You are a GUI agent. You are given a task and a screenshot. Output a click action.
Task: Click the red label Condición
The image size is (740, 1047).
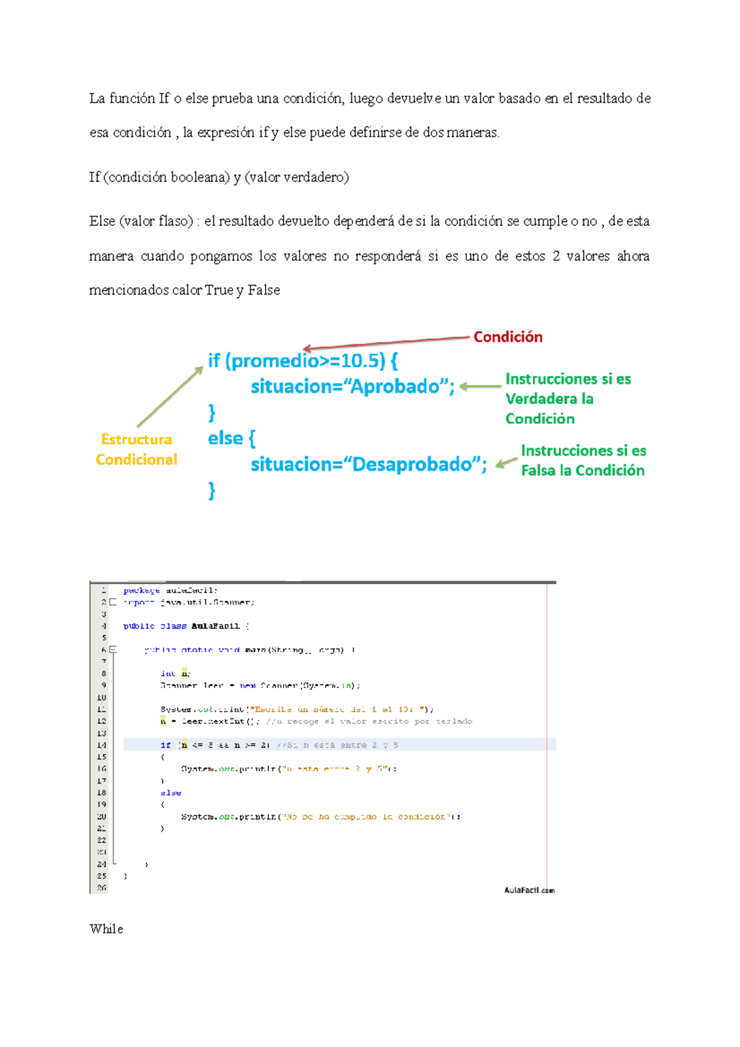[508, 337]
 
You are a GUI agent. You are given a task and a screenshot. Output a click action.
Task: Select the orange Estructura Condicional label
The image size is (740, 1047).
[136, 450]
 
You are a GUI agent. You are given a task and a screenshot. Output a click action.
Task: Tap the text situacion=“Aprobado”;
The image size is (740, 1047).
[352, 387]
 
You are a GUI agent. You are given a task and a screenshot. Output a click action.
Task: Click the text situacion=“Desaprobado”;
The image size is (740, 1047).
[369, 464]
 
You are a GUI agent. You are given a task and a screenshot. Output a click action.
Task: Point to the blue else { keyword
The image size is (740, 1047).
[231, 438]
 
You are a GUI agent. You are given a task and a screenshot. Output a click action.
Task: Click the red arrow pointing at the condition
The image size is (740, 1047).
[385, 342]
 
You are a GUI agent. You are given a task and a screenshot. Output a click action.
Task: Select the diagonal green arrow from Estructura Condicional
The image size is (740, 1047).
[170, 396]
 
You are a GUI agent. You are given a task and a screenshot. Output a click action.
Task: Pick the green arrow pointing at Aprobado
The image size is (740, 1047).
[480, 387]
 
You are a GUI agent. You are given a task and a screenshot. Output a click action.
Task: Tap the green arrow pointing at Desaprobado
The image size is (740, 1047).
[507, 462]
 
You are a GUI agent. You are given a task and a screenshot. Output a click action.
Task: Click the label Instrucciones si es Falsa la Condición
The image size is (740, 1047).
[583, 461]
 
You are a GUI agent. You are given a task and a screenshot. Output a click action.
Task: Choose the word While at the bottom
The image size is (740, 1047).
[106, 929]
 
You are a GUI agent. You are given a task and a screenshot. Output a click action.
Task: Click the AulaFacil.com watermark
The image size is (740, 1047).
[529, 890]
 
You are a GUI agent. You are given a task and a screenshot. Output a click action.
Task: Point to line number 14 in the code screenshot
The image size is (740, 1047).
[102, 745]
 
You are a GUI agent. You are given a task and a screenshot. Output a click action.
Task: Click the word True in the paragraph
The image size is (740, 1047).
[219, 290]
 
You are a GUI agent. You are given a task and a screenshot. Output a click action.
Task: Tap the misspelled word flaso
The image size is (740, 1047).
[175, 221]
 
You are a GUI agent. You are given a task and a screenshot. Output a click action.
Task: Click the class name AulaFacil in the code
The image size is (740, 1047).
[215, 626]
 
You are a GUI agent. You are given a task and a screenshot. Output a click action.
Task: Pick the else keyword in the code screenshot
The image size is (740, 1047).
[171, 793]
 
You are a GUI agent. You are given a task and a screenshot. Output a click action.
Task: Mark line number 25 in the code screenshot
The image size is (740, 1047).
[102, 876]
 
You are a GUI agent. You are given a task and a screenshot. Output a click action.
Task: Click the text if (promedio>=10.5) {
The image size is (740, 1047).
[303, 361]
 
